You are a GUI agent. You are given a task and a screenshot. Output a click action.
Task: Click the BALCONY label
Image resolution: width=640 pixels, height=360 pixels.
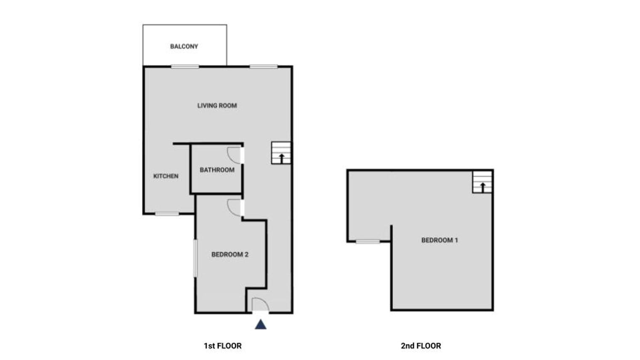pyautogui.click(x=184, y=46)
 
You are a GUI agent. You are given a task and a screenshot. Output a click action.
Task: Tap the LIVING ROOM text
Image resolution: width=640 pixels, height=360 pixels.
pyautogui.click(x=217, y=105)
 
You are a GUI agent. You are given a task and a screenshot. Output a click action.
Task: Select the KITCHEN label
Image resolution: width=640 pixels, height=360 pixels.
pyautogui.click(x=166, y=176)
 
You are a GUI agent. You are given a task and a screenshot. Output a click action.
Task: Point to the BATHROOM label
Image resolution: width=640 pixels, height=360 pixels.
pyautogui.click(x=217, y=170)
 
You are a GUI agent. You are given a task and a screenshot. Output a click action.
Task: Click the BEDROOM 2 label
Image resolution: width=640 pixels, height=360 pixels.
pyautogui.click(x=230, y=255)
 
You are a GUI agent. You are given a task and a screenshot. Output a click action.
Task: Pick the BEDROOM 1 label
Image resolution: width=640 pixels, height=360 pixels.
pyautogui.click(x=440, y=240)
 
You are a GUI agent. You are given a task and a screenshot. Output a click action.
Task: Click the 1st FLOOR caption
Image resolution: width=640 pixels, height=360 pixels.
pyautogui.click(x=223, y=346)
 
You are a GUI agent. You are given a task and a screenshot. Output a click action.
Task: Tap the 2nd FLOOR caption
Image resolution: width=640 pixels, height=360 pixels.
pyautogui.click(x=421, y=346)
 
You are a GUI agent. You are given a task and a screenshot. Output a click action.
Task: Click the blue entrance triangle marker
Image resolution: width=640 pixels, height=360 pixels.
pyautogui.click(x=261, y=325)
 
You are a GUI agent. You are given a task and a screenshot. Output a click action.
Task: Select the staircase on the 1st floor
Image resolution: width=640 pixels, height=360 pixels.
pyautogui.click(x=281, y=153)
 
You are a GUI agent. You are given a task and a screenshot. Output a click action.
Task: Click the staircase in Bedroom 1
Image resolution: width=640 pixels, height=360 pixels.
pyautogui.click(x=482, y=182)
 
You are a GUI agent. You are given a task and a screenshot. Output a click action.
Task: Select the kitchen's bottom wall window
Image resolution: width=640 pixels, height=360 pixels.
pyautogui.click(x=167, y=214)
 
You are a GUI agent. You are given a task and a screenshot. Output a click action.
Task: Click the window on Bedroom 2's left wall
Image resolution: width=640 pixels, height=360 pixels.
pyautogui.click(x=195, y=258)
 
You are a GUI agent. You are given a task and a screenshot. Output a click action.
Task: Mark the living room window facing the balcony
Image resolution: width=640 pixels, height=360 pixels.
pyautogui.click(x=185, y=67)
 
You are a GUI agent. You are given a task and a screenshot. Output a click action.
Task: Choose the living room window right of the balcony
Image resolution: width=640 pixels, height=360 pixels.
pyautogui.click(x=264, y=67)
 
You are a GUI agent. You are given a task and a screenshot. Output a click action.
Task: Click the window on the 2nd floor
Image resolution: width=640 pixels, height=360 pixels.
pyautogui.click(x=368, y=242)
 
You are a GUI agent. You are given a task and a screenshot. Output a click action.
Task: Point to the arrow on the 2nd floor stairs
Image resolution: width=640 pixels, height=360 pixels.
pyautogui.click(x=483, y=187)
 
